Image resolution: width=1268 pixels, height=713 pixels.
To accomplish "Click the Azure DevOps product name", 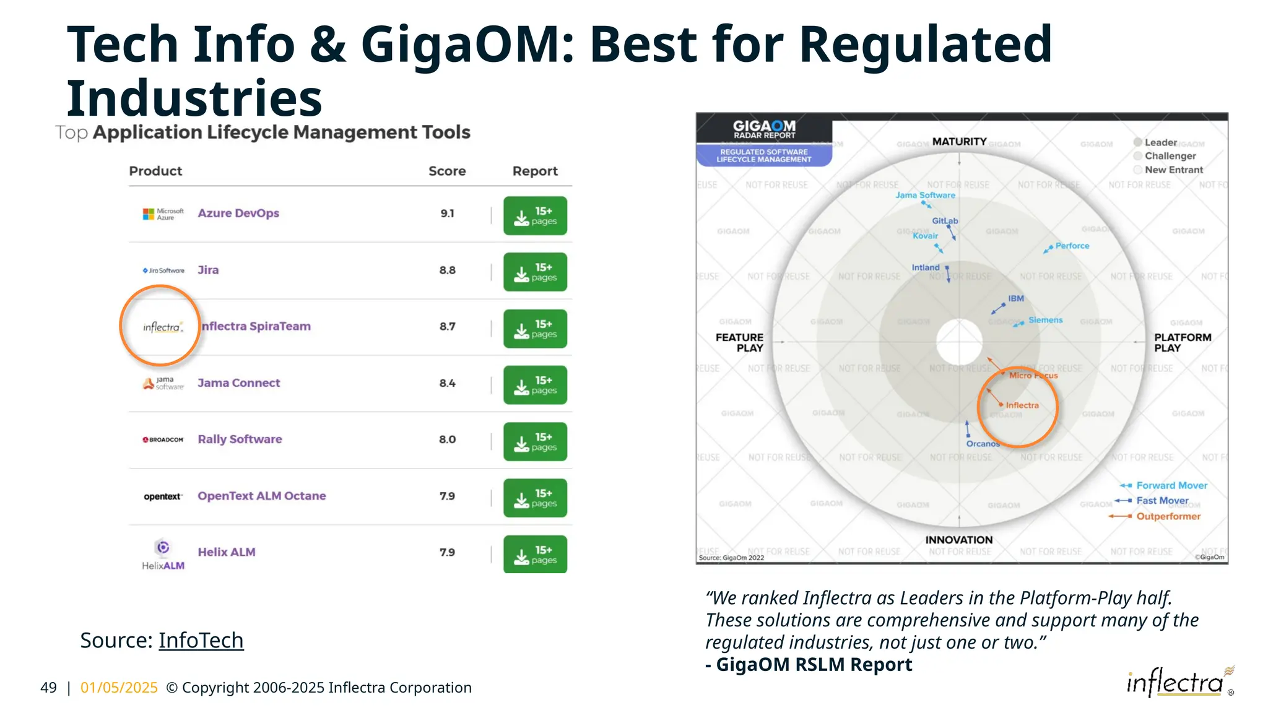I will click(x=238, y=214).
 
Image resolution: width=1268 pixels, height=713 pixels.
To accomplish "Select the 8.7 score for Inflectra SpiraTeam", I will click(x=447, y=327).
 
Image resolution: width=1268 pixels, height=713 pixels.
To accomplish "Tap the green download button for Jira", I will click(x=535, y=272).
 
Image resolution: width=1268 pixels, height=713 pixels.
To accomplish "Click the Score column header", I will click(x=447, y=171).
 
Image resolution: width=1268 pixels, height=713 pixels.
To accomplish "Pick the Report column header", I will click(x=535, y=171).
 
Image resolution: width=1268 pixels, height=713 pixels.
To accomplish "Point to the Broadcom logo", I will click(x=163, y=440).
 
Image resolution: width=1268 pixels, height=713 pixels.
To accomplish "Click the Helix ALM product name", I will click(x=227, y=552).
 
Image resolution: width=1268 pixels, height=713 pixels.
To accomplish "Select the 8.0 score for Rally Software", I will click(x=447, y=439).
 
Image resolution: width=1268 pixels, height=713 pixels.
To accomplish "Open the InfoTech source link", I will click(x=201, y=641).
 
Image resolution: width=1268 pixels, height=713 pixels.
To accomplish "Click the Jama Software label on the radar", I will click(x=925, y=196).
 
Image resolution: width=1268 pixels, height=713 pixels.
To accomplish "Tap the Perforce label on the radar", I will click(x=1072, y=246).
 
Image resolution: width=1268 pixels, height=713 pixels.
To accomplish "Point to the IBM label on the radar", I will click(x=1016, y=299).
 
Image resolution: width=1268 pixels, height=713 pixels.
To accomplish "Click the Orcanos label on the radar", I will click(x=983, y=444).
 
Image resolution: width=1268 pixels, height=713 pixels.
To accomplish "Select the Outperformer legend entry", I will click(x=1168, y=517).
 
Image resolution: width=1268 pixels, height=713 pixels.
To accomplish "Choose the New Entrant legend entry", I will click(x=1173, y=170).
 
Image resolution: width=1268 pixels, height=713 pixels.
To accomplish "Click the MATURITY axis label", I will click(x=959, y=142).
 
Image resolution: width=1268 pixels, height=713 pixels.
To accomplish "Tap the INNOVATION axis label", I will click(x=958, y=540).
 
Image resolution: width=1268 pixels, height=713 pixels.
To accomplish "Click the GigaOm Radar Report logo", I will click(x=764, y=130).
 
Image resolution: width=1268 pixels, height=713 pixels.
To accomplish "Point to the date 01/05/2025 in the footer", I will click(x=119, y=688).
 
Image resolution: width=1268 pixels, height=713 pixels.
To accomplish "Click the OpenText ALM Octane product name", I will click(x=262, y=496).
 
